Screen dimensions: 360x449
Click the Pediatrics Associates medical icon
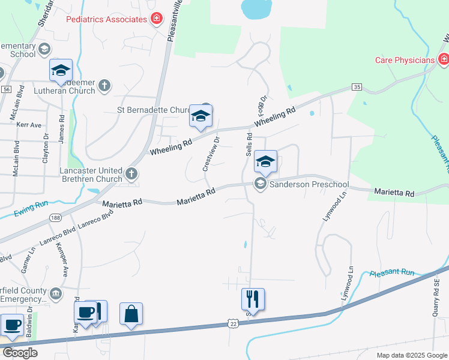(x=157, y=19)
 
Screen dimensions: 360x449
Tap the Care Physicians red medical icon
(x=444, y=59)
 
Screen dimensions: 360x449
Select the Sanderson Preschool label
(x=309, y=184)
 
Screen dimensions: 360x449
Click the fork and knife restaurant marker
(x=253, y=299)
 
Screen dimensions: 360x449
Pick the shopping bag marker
(x=131, y=313)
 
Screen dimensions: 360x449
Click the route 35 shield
(x=357, y=87)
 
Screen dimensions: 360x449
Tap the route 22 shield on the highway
(x=233, y=323)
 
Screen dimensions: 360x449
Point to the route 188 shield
(x=55, y=217)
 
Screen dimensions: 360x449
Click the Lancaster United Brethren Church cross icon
(x=132, y=175)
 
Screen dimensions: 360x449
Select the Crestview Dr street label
(x=211, y=154)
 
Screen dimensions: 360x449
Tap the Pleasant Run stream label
(x=392, y=272)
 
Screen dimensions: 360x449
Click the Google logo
(x=20, y=353)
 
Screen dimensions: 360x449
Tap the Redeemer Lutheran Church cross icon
(x=104, y=85)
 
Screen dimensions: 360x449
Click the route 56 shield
(x=6, y=89)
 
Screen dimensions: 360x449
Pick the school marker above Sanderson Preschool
(x=265, y=161)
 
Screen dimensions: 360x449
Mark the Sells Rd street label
(x=249, y=143)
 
